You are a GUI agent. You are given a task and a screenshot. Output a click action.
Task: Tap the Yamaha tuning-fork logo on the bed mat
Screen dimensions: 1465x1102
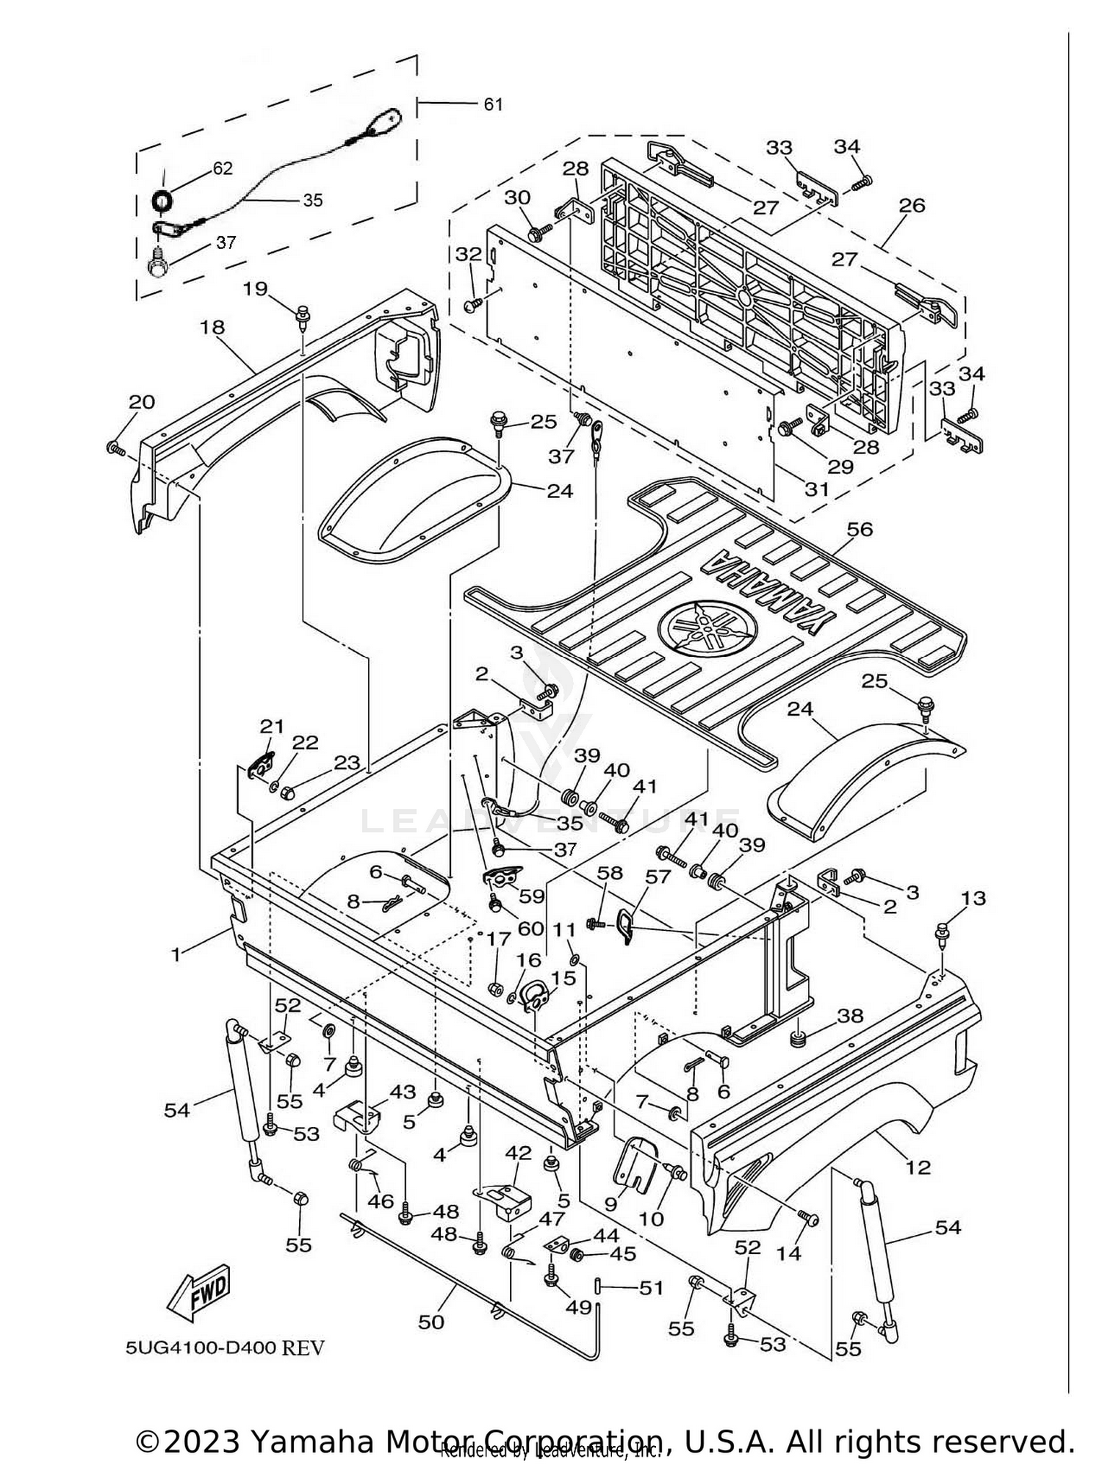pos(707,625)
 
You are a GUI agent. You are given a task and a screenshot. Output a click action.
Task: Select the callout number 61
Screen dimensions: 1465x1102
pos(493,104)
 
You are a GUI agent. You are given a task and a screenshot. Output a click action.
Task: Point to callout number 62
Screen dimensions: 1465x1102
pos(222,168)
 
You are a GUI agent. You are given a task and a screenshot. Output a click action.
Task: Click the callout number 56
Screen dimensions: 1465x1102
pos(859,529)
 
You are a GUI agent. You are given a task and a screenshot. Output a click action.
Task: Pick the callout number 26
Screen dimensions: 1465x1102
pos(912,205)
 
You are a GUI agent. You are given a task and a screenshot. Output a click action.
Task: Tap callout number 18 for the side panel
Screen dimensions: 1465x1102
pos(212,327)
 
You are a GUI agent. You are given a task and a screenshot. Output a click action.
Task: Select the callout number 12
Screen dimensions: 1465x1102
pos(918,1167)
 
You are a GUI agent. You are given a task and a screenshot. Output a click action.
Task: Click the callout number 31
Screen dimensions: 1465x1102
pos(816,489)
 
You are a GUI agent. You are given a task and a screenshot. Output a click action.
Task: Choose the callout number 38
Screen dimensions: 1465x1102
pos(851,1016)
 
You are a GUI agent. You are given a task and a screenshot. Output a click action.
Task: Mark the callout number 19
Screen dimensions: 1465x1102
pos(256,289)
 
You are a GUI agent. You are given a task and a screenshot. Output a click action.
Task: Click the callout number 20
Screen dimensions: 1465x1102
pos(142,402)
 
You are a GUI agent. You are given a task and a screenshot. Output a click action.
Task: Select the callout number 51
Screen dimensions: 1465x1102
pos(652,1288)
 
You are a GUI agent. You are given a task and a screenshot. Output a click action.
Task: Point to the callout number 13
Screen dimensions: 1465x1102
pos(973,898)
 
